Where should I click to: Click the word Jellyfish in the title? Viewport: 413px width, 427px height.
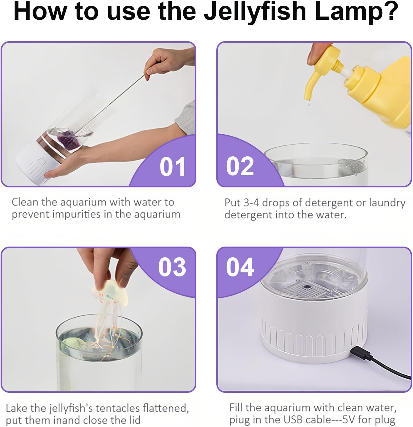coord(255,11)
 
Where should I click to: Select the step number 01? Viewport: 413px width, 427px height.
coord(172,167)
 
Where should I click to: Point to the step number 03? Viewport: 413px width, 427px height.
coord(172,267)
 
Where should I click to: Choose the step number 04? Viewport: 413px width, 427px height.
coord(240,267)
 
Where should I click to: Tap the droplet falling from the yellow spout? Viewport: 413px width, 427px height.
coord(309,103)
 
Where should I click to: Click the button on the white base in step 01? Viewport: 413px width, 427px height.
coord(41,162)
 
